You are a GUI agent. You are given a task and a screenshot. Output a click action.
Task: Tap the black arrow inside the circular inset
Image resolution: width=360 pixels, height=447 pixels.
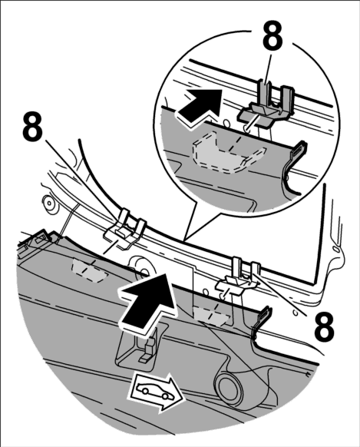coord(200,107)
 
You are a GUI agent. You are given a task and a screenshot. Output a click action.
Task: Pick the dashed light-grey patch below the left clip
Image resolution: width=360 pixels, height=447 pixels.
coord(90,270)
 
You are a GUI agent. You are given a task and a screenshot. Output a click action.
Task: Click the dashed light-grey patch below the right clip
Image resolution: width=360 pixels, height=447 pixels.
coord(213,315)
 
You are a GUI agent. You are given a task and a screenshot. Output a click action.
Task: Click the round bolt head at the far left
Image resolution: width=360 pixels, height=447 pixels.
coord(50,204)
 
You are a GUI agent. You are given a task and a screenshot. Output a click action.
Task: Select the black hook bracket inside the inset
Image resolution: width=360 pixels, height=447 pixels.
coord(295,168)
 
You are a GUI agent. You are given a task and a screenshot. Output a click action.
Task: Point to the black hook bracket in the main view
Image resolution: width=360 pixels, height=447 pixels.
coord(261,323)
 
